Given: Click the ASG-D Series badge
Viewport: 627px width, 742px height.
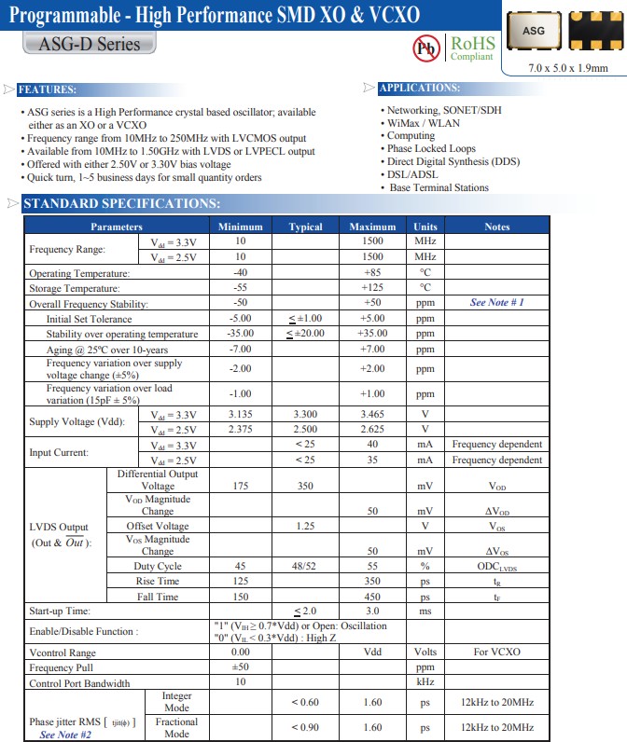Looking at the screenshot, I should pos(90,44).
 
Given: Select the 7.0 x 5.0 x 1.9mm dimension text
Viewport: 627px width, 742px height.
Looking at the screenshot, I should pos(567,68).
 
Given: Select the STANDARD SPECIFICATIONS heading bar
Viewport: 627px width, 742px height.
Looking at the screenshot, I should pos(121,204).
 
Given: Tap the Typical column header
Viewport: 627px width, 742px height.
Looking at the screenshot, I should pos(305,227).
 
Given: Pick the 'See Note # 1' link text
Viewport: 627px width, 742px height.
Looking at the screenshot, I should pos(496,303).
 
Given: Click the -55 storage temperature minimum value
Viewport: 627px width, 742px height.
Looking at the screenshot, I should pos(240,288).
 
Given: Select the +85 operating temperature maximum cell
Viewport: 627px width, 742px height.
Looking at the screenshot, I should pos(372,273).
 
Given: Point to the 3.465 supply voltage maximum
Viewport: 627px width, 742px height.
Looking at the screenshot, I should pos(372,414).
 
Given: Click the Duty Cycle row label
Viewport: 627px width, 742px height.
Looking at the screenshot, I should pos(157,566).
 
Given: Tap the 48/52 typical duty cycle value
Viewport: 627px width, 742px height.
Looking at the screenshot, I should pos(305,566).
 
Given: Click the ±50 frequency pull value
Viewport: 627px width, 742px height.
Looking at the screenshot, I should pos(240,667).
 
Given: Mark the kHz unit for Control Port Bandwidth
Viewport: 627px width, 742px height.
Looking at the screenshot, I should pos(425,682).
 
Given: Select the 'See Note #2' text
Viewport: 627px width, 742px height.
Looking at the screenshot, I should pos(65,735).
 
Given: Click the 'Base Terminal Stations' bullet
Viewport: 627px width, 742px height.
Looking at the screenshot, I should pos(439,187).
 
